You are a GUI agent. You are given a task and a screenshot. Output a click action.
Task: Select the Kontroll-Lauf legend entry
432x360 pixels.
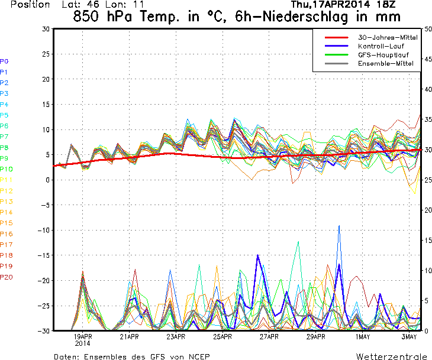pyautogui.click(x=379, y=46)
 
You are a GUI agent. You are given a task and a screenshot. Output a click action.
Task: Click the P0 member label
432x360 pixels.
pyautogui.click(x=4, y=61)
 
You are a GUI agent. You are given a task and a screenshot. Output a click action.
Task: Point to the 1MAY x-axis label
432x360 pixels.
pyautogui.click(x=363, y=337)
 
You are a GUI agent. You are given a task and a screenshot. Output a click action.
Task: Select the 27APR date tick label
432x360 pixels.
pyautogui.click(x=269, y=337)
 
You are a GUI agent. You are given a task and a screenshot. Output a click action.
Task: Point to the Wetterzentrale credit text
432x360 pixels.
pyautogui.click(x=392, y=356)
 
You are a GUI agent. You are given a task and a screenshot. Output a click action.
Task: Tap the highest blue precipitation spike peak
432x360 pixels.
pyautogui.click(x=339, y=226)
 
